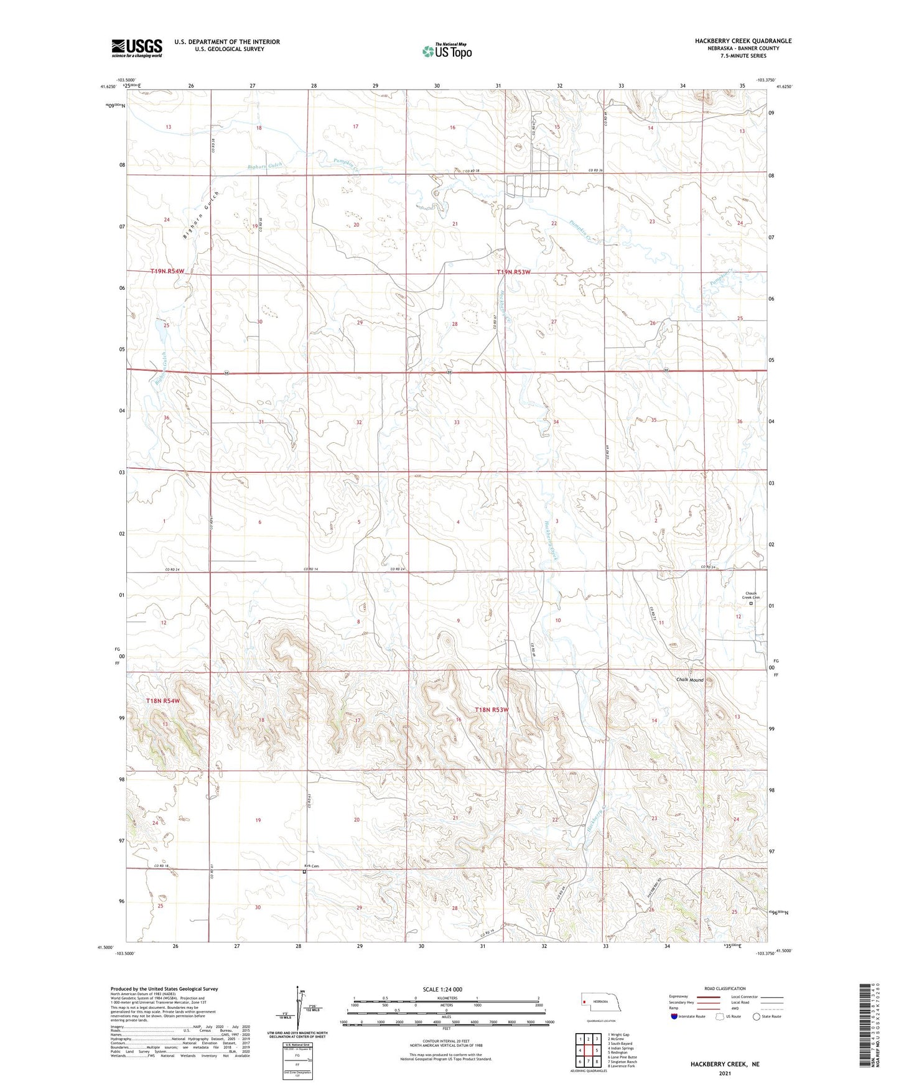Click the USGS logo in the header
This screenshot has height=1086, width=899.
137,48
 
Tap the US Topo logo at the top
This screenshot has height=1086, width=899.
447,51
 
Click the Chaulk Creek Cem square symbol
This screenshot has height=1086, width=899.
751,603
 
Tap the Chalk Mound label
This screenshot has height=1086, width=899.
690,680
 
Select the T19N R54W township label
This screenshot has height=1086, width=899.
168,272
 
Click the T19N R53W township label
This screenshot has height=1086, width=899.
514,272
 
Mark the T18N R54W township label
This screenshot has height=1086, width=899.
163,701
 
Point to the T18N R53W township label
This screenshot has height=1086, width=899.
492,710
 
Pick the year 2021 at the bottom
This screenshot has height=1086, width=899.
724,1073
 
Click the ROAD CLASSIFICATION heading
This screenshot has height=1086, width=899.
725,988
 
